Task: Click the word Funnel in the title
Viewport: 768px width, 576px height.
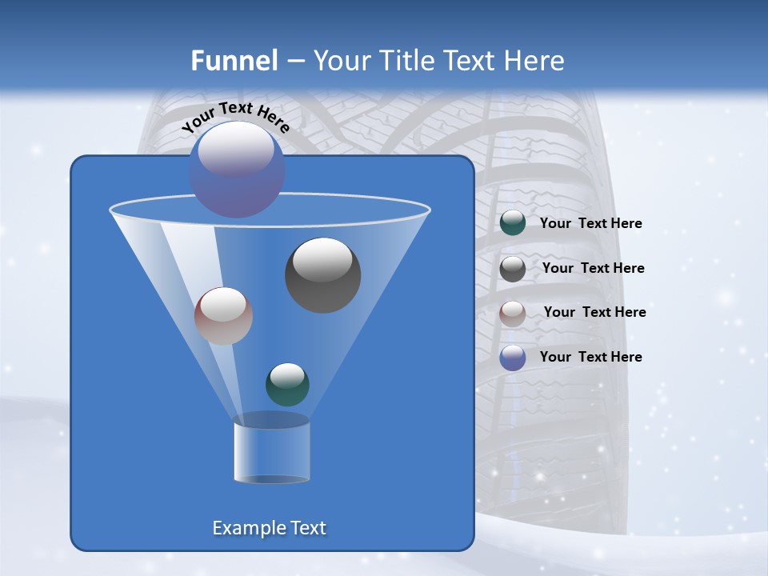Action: (234, 61)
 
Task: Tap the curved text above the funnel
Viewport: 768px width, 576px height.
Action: (235, 117)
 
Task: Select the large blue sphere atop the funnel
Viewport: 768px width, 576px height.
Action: (237, 170)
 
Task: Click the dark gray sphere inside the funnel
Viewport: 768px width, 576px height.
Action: (323, 276)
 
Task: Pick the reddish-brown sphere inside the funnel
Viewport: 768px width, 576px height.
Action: (223, 316)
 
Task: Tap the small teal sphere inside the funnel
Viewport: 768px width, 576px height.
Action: (287, 384)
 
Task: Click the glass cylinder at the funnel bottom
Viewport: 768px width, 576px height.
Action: (271, 452)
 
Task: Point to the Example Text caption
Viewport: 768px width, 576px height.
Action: (270, 528)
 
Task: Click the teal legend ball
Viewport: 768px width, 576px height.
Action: (513, 223)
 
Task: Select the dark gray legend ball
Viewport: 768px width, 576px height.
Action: (513, 269)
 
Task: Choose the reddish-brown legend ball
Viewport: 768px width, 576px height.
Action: (513, 313)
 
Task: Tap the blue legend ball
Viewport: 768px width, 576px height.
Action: (513, 358)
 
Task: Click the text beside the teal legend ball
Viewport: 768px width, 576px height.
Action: (590, 224)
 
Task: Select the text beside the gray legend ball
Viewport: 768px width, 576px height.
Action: (593, 269)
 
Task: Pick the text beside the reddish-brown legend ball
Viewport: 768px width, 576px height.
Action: (594, 313)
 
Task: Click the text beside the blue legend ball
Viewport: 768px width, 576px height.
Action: (590, 358)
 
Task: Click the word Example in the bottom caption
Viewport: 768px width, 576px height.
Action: (244, 528)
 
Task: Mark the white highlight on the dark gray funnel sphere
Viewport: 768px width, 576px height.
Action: (322, 258)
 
